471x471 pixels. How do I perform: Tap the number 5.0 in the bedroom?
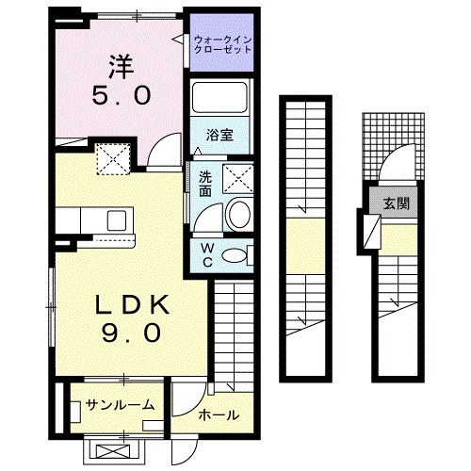[x=121, y=96]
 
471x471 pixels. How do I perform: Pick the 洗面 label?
[x=205, y=182]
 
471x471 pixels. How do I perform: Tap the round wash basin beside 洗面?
[x=238, y=216]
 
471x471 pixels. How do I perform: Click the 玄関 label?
[x=396, y=203]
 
